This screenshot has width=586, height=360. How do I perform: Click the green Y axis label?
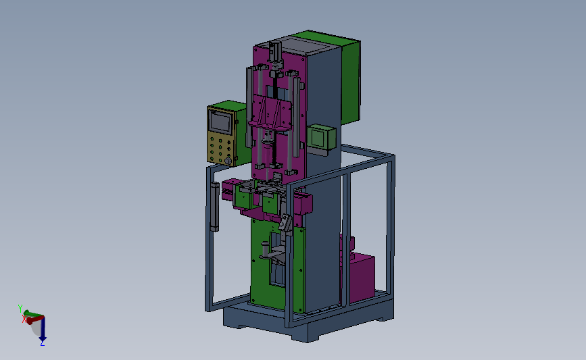(x=20, y=309)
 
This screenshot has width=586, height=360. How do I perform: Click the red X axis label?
(x=24, y=319)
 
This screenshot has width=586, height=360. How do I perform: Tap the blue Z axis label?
(x=42, y=342)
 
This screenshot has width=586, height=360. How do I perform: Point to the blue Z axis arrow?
(x=43, y=329)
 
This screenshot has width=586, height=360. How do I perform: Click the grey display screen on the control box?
(x=221, y=122)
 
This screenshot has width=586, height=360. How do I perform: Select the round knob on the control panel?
(x=228, y=161)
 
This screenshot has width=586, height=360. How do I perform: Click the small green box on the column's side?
(x=321, y=137)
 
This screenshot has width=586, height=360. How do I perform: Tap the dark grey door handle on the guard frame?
(x=214, y=207)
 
